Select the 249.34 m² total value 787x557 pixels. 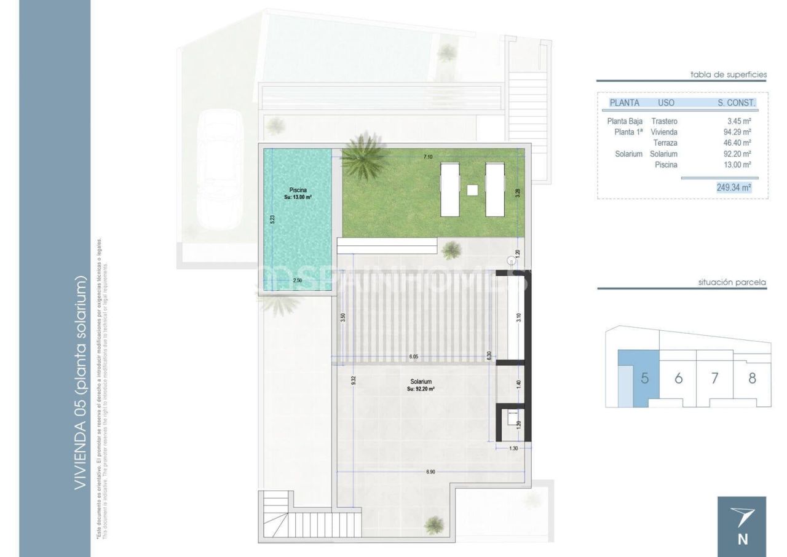[734, 188]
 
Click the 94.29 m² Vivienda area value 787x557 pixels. [737, 132]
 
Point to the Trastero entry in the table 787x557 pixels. [664, 121]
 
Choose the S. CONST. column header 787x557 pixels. [737, 103]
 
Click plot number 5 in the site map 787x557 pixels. [644, 378]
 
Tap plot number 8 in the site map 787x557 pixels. [752, 378]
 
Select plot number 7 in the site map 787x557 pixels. [714, 378]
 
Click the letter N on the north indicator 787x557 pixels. [742, 540]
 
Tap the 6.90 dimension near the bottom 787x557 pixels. [430, 472]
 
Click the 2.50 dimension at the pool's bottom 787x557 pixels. [298, 280]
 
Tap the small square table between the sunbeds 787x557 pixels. [472, 190]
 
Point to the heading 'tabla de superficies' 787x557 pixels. [729, 74]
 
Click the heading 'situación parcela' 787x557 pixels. [732, 283]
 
